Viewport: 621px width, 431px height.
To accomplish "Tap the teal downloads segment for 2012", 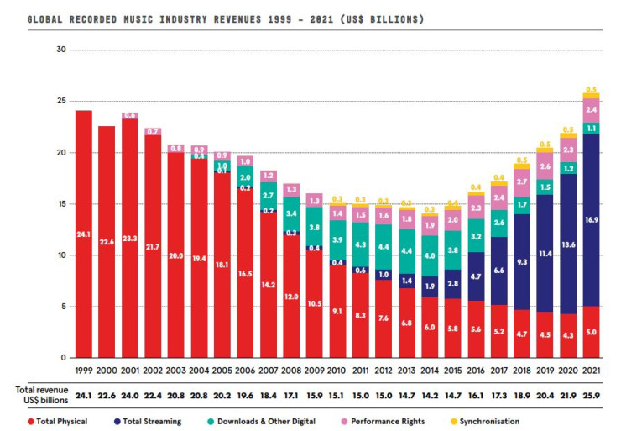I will [384, 247].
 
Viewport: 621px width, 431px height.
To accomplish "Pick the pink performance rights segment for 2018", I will [522, 182].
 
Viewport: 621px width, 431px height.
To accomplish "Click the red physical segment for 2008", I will [291, 296].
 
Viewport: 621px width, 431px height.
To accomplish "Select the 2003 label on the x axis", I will [176, 371].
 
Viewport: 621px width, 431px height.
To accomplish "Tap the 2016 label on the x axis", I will [476, 371].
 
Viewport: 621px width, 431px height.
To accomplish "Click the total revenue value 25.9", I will [592, 393].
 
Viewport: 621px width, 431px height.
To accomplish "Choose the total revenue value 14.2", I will [430, 393].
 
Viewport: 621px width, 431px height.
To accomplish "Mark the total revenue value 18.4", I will [268, 393].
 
